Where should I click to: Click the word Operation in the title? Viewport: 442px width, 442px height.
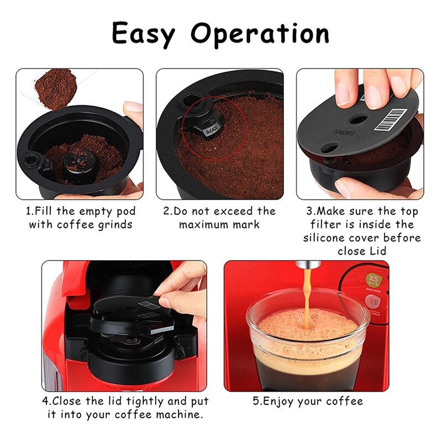pos(260,34)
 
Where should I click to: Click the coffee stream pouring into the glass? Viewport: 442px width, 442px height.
pos(306,301)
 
